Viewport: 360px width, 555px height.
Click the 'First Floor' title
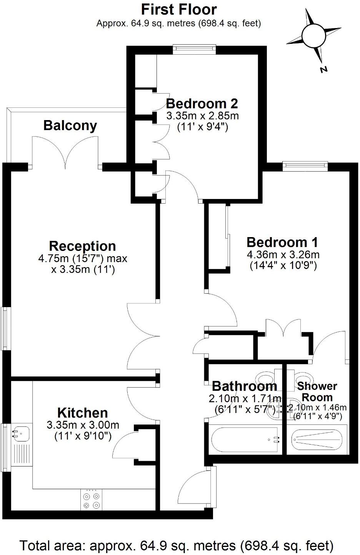[x=179, y=9]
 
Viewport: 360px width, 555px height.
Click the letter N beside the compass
[x=324, y=69]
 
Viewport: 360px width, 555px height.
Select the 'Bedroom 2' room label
[x=202, y=104]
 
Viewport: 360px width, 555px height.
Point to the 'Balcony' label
[x=70, y=125]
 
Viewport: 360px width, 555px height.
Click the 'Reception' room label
[x=82, y=246]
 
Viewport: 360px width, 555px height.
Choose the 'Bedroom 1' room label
[x=283, y=242]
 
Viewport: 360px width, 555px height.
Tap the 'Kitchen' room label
[x=82, y=413]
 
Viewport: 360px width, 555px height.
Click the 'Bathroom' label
[x=244, y=386]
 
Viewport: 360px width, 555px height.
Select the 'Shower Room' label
[x=317, y=391]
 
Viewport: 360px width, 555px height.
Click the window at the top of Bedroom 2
[x=194, y=48]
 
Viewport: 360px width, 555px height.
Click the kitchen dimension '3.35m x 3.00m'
[x=82, y=425]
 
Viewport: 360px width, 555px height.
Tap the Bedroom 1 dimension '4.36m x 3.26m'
[x=283, y=254]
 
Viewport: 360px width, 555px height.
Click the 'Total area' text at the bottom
[x=177, y=545]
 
